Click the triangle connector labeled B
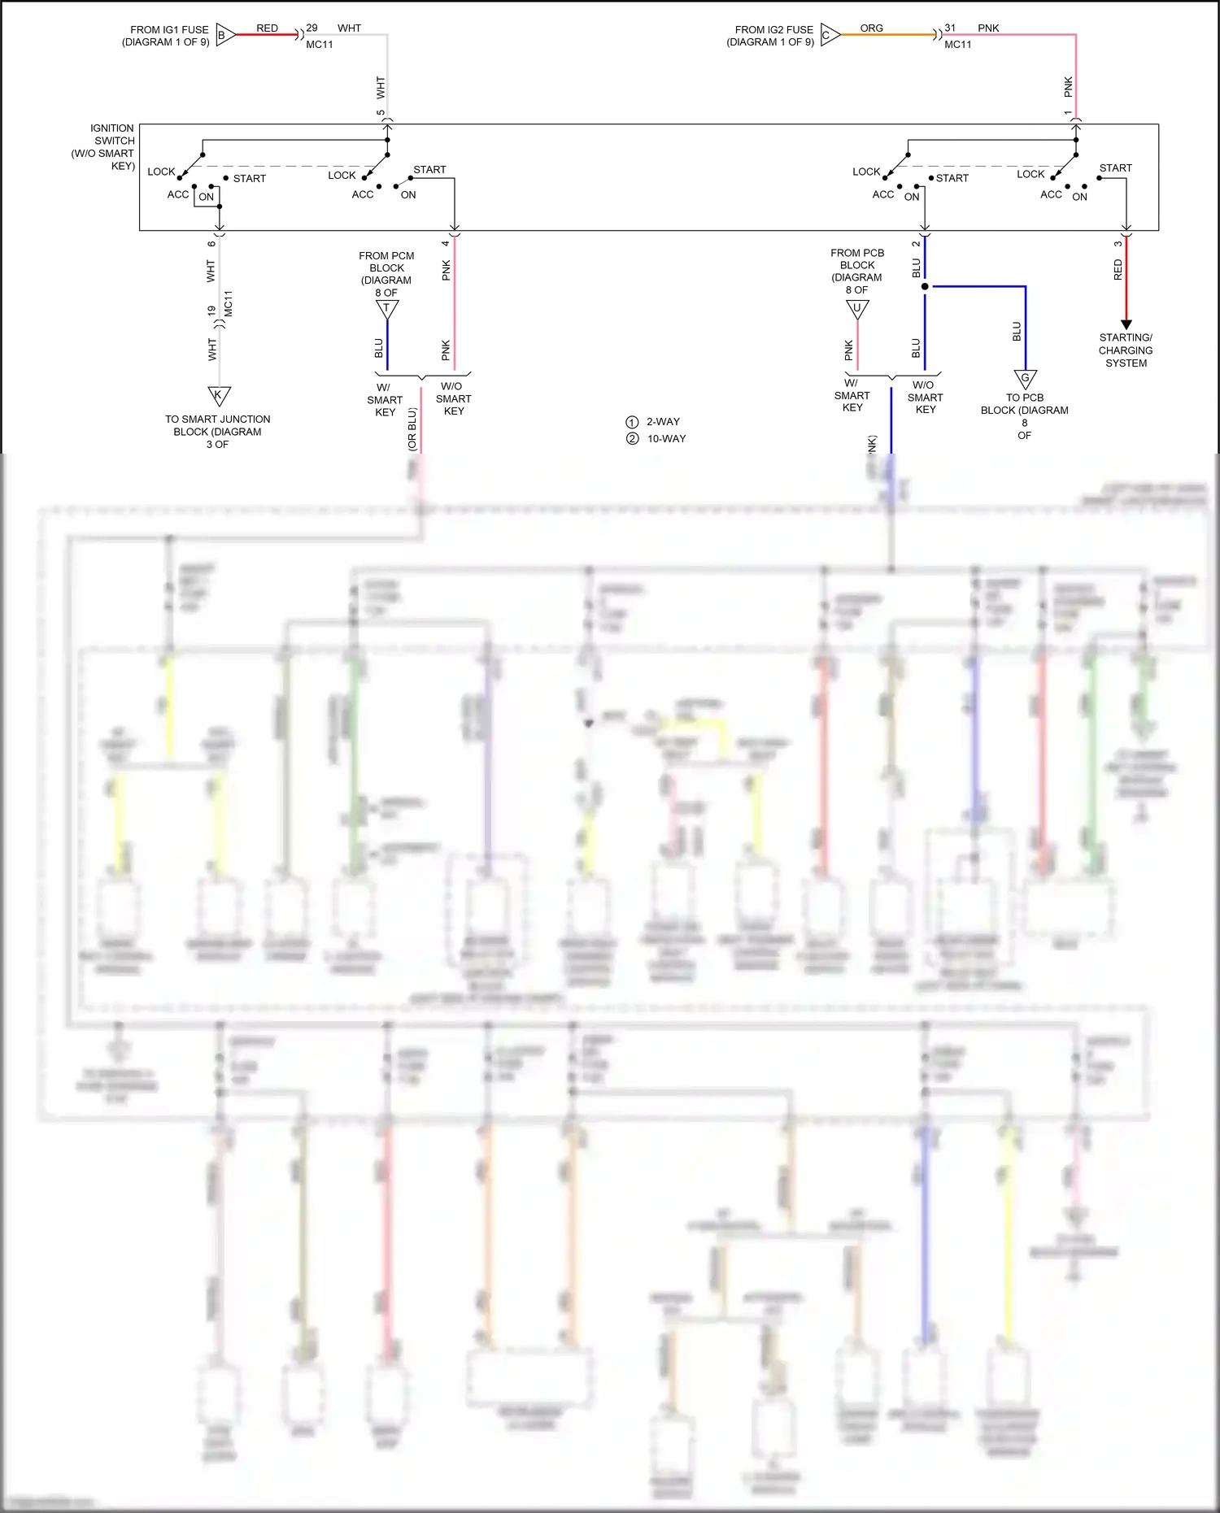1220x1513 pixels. coord(225,35)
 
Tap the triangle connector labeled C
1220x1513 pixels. coord(830,35)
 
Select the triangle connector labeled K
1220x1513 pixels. coord(219,396)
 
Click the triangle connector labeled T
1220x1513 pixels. coord(387,309)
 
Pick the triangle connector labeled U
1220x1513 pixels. coord(857,308)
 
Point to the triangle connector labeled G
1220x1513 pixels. coord(1025,378)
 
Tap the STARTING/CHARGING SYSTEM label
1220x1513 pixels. coord(1126,350)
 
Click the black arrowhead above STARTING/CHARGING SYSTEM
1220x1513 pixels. coord(1126,324)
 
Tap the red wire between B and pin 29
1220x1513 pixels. coord(267,35)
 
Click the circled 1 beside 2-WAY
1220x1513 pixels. coord(632,422)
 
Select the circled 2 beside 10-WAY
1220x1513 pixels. coord(632,439)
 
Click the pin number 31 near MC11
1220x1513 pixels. coord(950,28)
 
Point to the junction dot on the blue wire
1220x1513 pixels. coord(925,286)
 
